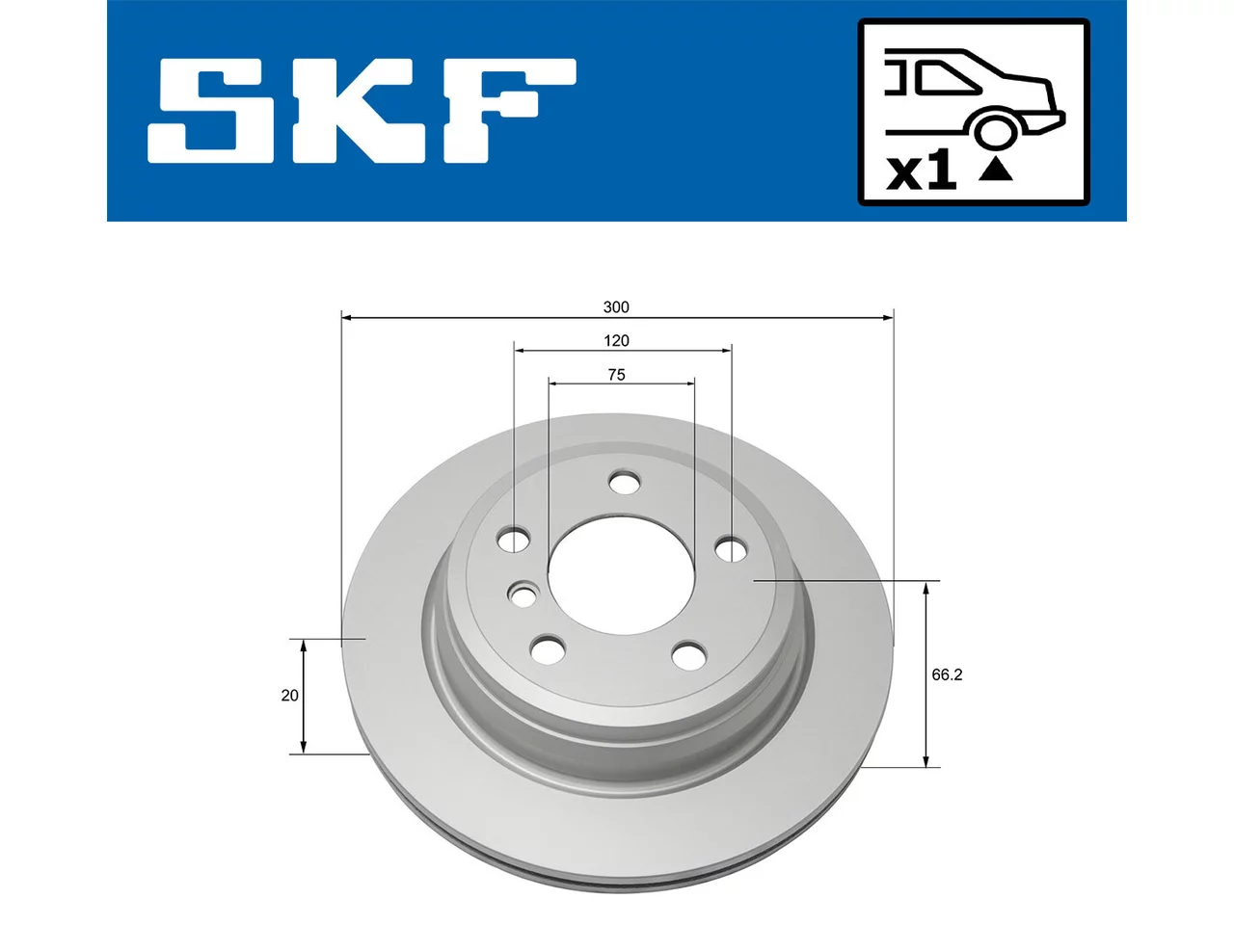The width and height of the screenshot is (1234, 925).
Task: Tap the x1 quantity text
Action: tap(921, 171)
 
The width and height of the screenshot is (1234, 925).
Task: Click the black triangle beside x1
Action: tap(996, 171)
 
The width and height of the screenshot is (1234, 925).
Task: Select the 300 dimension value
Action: tap(616, 307)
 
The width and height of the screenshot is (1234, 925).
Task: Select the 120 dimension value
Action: tap(616, 341)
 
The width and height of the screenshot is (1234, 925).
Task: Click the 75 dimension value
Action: tap(616, 375)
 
